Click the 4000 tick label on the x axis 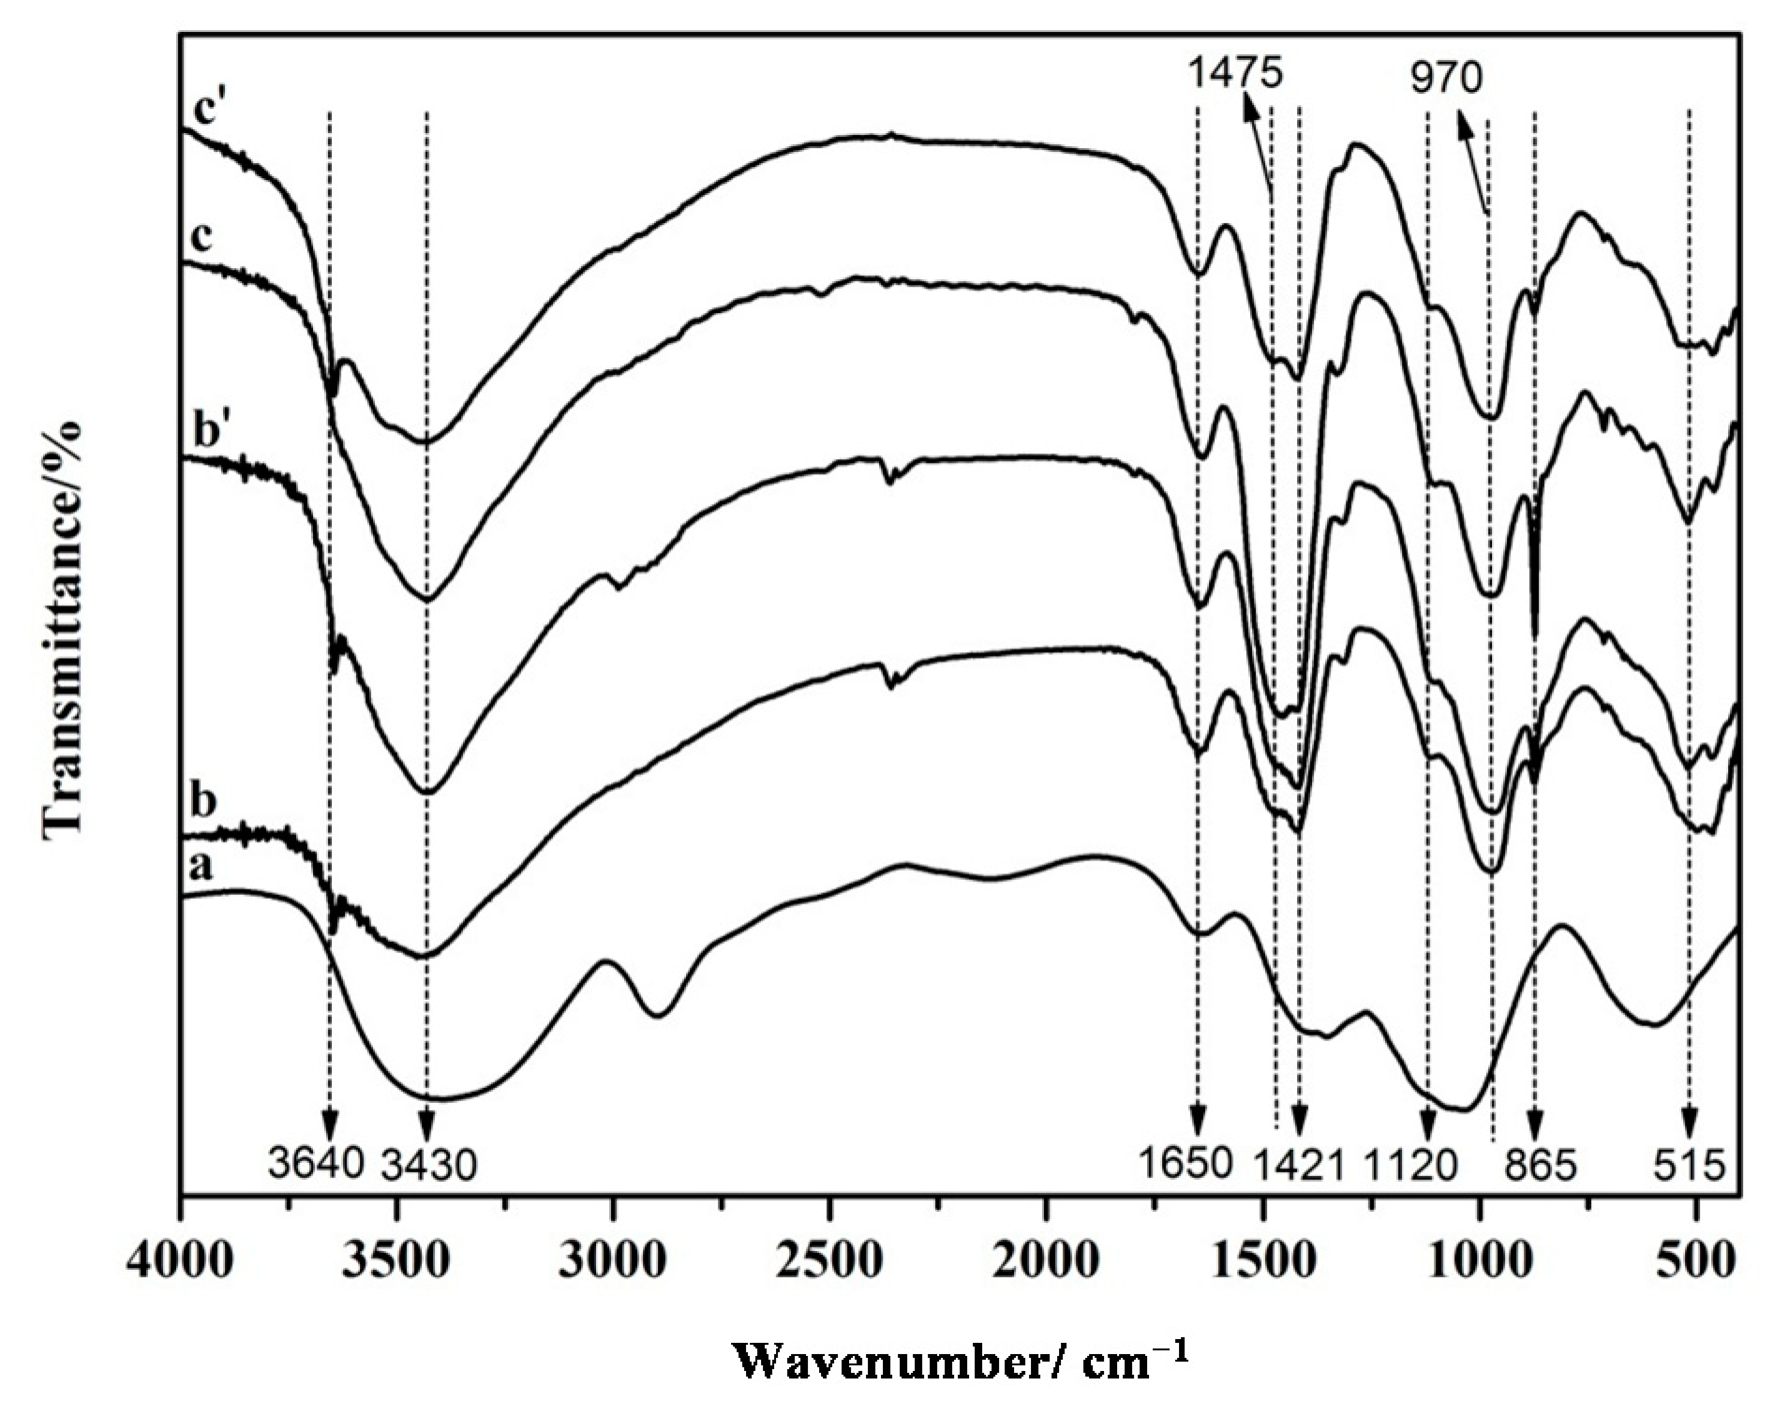coord(181,1260)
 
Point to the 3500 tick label coord(397,1260)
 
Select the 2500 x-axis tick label coord(830,1260)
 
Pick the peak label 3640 coord(316,1165)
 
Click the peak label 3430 coord(428,1166)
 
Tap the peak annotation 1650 coord(1186,1165)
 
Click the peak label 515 coord(1690,1166)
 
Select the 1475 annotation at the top coord(1234,71)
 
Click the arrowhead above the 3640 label coord(329,1125)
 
